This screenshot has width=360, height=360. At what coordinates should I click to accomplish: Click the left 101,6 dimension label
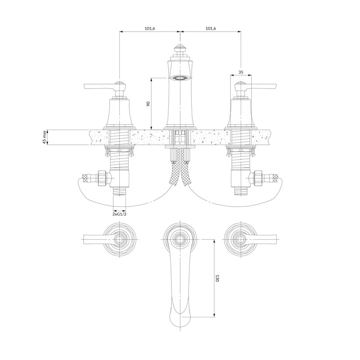pos(150,28)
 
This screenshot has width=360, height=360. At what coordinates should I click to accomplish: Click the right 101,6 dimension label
pos(211,28)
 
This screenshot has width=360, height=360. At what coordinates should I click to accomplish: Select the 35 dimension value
pos(241,72)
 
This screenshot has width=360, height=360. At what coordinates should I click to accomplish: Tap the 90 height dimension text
pos(148,103)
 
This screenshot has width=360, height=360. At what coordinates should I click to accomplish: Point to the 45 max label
pos(44,137)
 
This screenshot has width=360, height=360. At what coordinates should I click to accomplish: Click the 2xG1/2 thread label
pos(119,214)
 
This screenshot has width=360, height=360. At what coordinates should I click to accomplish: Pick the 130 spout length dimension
pos(217,278)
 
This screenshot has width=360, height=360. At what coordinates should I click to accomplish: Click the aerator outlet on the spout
pos(180,78)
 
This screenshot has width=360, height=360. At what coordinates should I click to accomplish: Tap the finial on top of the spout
pos(180,49)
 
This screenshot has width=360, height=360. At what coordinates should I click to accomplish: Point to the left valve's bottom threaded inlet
pos(120,191)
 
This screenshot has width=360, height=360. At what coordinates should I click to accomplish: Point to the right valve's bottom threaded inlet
pos(241,191)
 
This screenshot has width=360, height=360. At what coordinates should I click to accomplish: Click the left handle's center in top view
pos(119,240)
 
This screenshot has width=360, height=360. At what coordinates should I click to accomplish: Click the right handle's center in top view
pos(241,240)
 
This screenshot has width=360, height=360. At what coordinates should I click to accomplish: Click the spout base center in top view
pos(180,239)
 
